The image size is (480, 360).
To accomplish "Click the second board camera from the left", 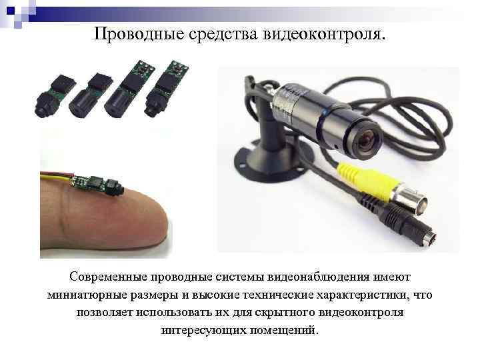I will point(87,93).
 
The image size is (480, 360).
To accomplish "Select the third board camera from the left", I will point(126,90).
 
